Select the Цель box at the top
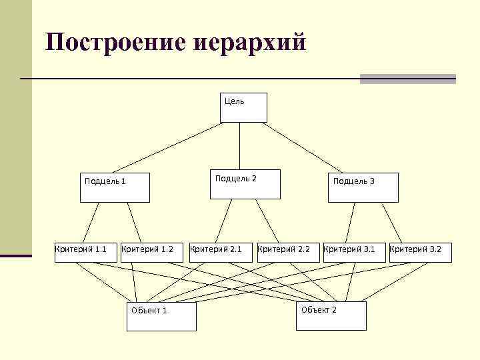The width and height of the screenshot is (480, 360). point(243,107)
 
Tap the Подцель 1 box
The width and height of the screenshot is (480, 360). point(115,187)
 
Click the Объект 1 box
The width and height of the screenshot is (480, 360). point(162,317)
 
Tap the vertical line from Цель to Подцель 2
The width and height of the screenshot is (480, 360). point(239,146)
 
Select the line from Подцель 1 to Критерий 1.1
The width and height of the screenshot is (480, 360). point(91,223)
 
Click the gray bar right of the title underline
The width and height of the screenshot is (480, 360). point(407,79)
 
